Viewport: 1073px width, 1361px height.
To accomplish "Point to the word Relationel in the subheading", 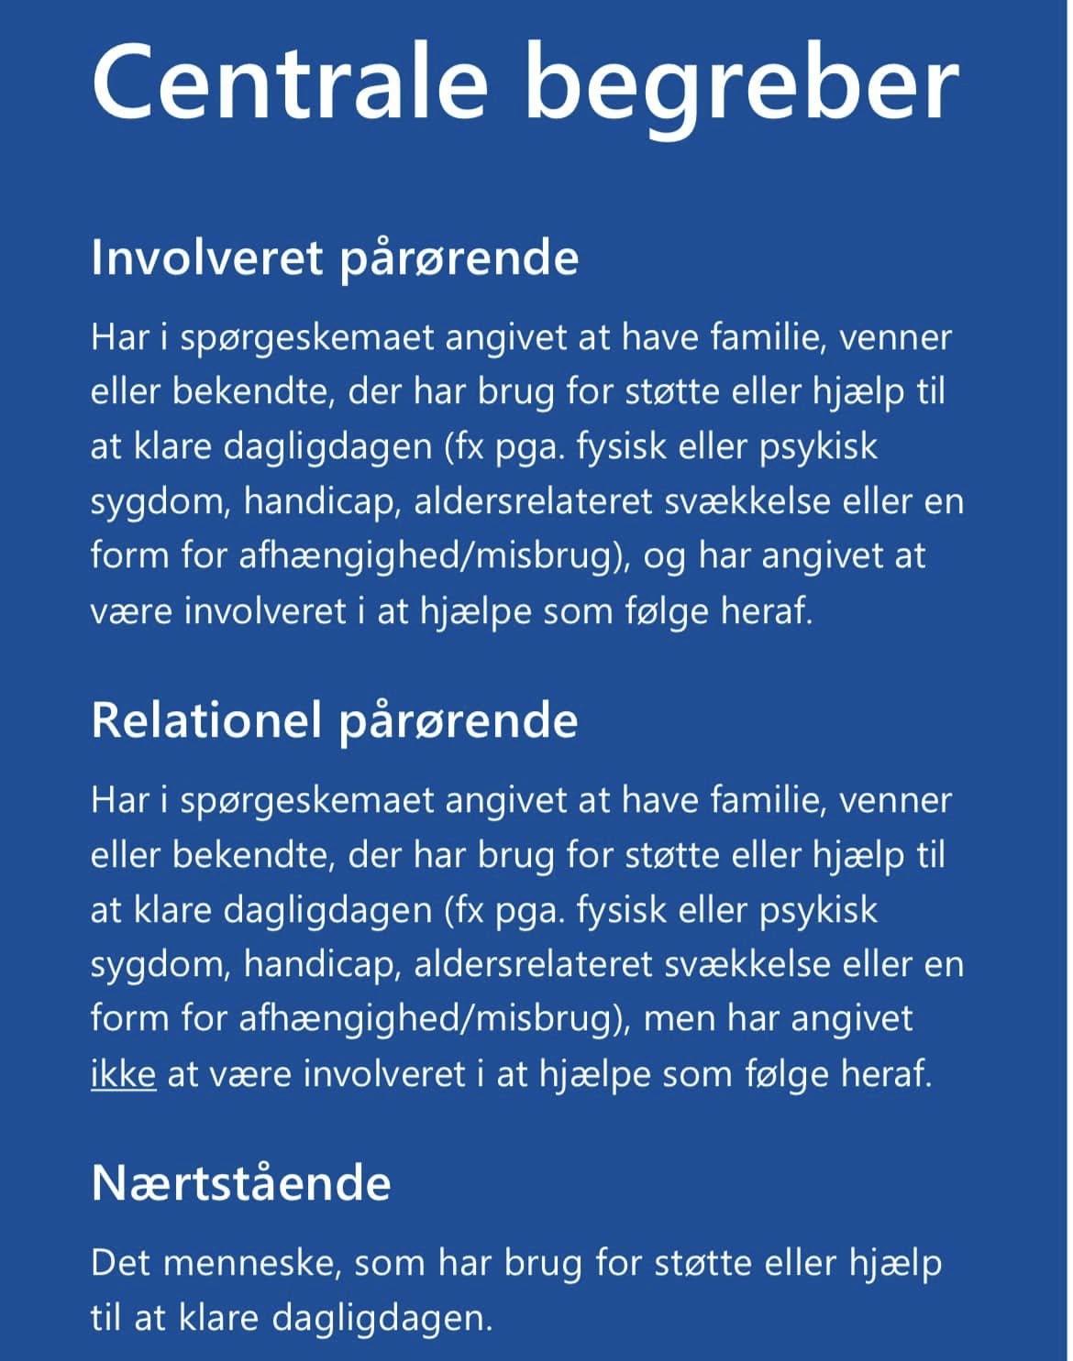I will pyautogui.click(x=207, y=720).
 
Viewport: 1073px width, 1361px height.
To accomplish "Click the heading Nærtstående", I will pyautogui.click(x=241, y=1183).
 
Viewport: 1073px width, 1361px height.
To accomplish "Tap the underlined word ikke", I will pyautogui.click(x=124, y=1073).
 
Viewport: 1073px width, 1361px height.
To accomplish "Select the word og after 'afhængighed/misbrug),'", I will pyautogui.click(x=664, y=557).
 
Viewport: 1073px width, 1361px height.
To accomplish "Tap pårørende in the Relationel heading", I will pyautogui.click(x=459, y=722).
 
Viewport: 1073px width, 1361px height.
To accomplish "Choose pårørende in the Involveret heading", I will pyautogui.click(x=459, y=260).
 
